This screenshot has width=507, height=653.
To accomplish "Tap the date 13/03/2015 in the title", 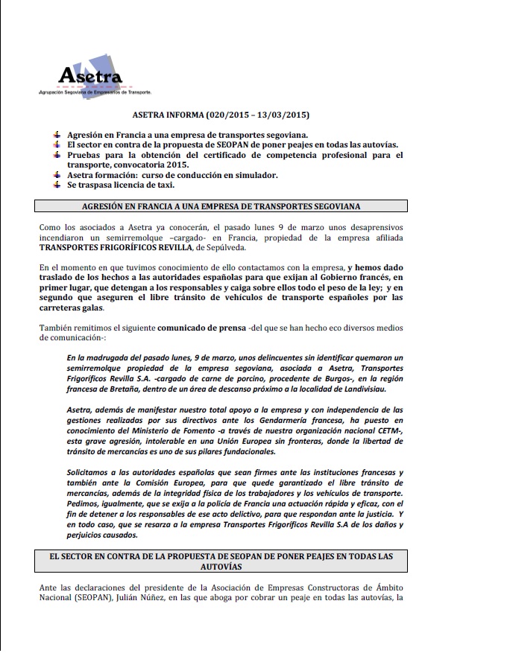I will tap(280, 115).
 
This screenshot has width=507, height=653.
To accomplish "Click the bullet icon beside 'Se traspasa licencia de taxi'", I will tap(57, 184).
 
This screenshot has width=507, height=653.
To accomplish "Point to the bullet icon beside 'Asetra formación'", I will tap(57, 174).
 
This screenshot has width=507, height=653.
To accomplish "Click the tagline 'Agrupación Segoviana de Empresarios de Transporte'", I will tap(95, 92).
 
